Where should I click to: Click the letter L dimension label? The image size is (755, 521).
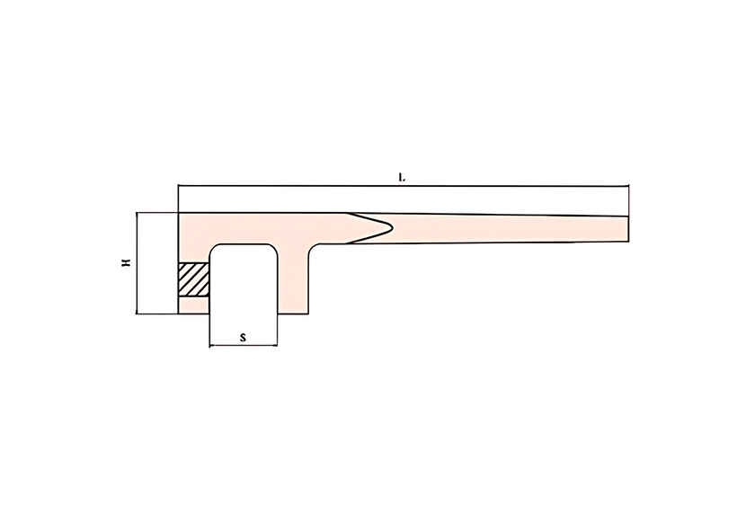click(x=402, y=178)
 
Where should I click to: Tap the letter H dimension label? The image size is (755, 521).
click(x=126, y=262)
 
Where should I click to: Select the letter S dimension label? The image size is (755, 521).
click(x=244, y=337)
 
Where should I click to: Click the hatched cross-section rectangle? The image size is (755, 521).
click(x=193, y=279)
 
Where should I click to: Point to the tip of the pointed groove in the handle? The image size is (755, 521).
click(x=393, y=227)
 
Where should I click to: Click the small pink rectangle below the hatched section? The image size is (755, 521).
click(x=193, y=305)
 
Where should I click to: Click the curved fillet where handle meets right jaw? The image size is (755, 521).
click(x=313, y=248)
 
